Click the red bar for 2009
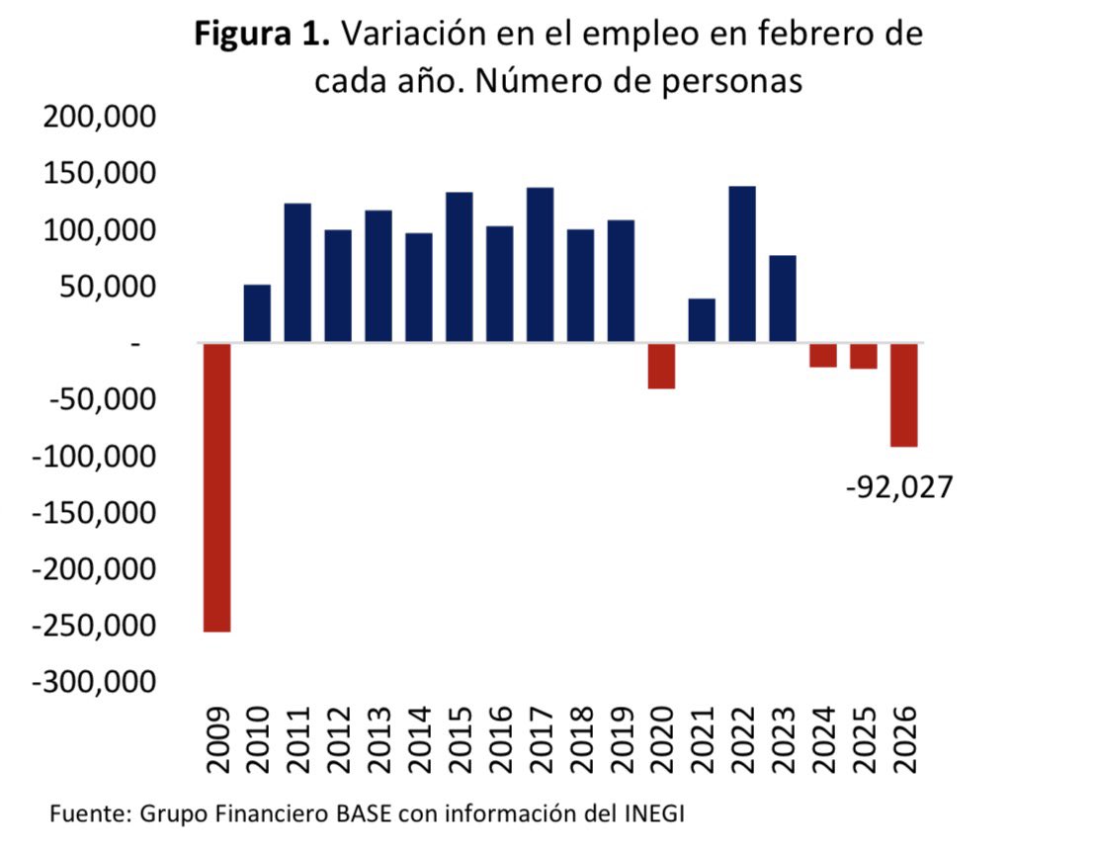tap(216, 487)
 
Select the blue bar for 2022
tap(742, 265)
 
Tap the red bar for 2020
tap(661, 366)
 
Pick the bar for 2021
tap(702, 321)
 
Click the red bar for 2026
tap(904, 395)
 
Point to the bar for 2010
tap(257, 314)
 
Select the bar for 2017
tap(540, 265)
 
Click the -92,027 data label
tap(899, 487)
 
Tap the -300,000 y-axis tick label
tap(94, 683)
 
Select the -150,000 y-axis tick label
tap(94, 513)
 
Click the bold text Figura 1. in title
tap(263, 35)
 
